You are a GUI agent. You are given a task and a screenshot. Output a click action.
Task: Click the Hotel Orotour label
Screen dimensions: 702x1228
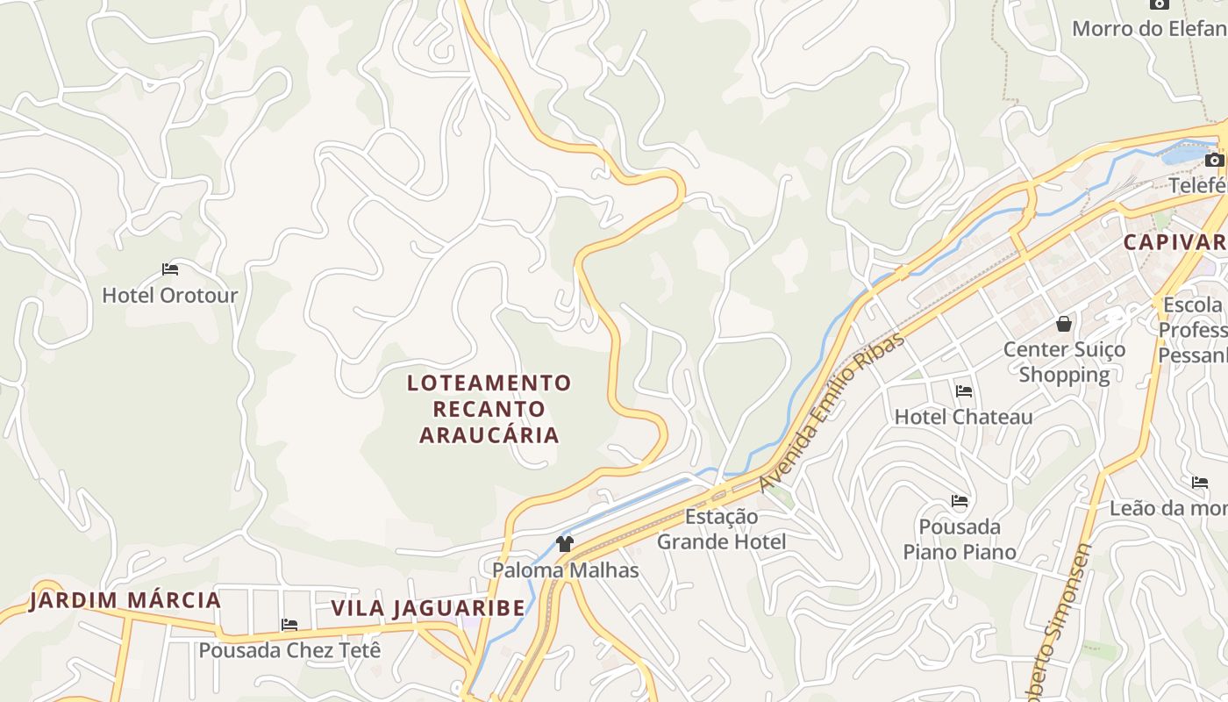pos(170,295)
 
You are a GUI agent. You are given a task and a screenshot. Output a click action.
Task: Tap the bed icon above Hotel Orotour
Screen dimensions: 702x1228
pos(170,269)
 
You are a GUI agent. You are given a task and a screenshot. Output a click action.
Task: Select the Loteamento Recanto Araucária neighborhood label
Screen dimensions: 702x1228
pos(489,409)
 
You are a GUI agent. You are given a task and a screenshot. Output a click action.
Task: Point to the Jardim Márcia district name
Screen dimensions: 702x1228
pos(125,601)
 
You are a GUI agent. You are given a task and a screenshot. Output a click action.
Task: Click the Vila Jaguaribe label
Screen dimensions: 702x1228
pos(428,608)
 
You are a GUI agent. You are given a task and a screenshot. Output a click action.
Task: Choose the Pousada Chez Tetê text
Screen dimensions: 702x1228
pos(289,650)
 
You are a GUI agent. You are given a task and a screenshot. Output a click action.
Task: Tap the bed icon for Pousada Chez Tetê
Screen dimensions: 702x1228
pos(289,625)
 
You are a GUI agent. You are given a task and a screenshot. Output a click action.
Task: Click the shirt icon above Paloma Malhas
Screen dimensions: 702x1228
pos(565,544)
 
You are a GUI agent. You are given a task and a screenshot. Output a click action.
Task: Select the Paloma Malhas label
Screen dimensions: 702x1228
pos(565,570)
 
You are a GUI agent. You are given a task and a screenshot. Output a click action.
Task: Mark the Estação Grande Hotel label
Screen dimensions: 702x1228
pos(721,529)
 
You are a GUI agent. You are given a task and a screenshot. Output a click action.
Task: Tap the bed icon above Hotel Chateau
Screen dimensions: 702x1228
pos(964,391)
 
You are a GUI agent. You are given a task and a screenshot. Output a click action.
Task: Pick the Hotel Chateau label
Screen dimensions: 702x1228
pos(963,417)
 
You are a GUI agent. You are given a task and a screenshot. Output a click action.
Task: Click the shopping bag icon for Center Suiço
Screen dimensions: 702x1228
pos(1064,324)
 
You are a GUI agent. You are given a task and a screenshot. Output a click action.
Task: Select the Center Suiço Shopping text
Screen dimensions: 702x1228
pos(1064,362)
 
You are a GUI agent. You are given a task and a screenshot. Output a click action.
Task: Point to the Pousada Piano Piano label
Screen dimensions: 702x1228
pos(960,539)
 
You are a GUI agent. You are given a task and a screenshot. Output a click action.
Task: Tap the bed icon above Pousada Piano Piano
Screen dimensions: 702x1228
pos(960,502)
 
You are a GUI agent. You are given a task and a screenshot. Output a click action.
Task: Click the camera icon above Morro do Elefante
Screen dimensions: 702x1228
pos(1160,4)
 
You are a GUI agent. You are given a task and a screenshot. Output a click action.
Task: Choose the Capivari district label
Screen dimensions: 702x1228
pos(1175,242)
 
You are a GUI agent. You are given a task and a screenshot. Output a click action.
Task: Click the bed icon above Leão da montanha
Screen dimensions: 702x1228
pos(1200,483)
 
